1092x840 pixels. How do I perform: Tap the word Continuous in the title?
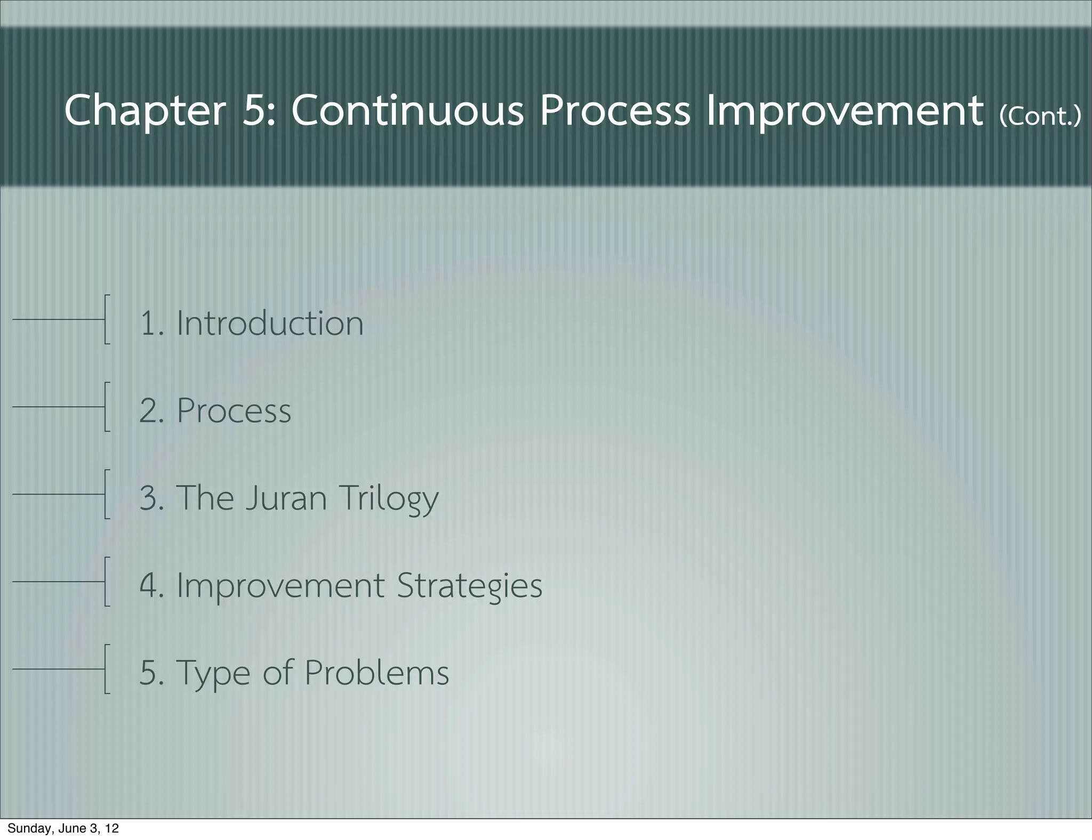pos(407,110)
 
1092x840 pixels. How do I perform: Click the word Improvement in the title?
pos(845,110)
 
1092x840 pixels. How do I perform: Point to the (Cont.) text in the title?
pos(1040,115)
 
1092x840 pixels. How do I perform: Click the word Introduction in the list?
pos(270,323)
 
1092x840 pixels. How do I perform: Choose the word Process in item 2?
pos(234,410)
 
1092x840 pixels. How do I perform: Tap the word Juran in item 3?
pos(286,498)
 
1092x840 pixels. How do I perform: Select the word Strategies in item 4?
pos(469,586)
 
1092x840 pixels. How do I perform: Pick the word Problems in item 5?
pos(376,673)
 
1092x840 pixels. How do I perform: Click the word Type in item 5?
pos(213,674)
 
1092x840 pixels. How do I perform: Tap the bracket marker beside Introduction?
pos(107,319)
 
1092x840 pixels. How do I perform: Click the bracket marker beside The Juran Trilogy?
pos(107,494)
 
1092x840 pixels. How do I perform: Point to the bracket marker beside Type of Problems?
pos(107,669)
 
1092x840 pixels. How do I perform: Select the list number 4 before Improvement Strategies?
pos(149,585)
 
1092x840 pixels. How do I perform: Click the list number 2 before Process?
pos(149,410)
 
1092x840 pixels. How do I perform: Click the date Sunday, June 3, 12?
pos(63,828)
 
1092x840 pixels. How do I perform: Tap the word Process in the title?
pos(614,110)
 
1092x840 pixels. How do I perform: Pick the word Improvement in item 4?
pos(280,585)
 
